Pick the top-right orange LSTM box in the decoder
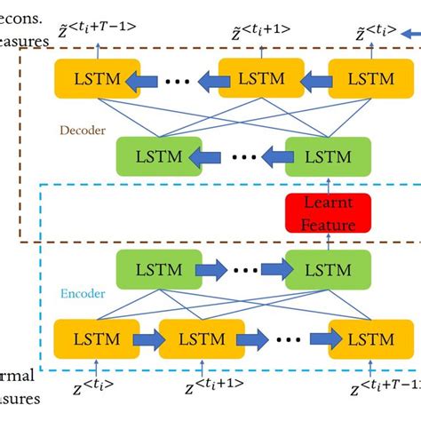pos(372,79)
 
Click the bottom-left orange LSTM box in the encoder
pos(89,340)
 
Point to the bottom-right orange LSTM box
pos(372,340)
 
